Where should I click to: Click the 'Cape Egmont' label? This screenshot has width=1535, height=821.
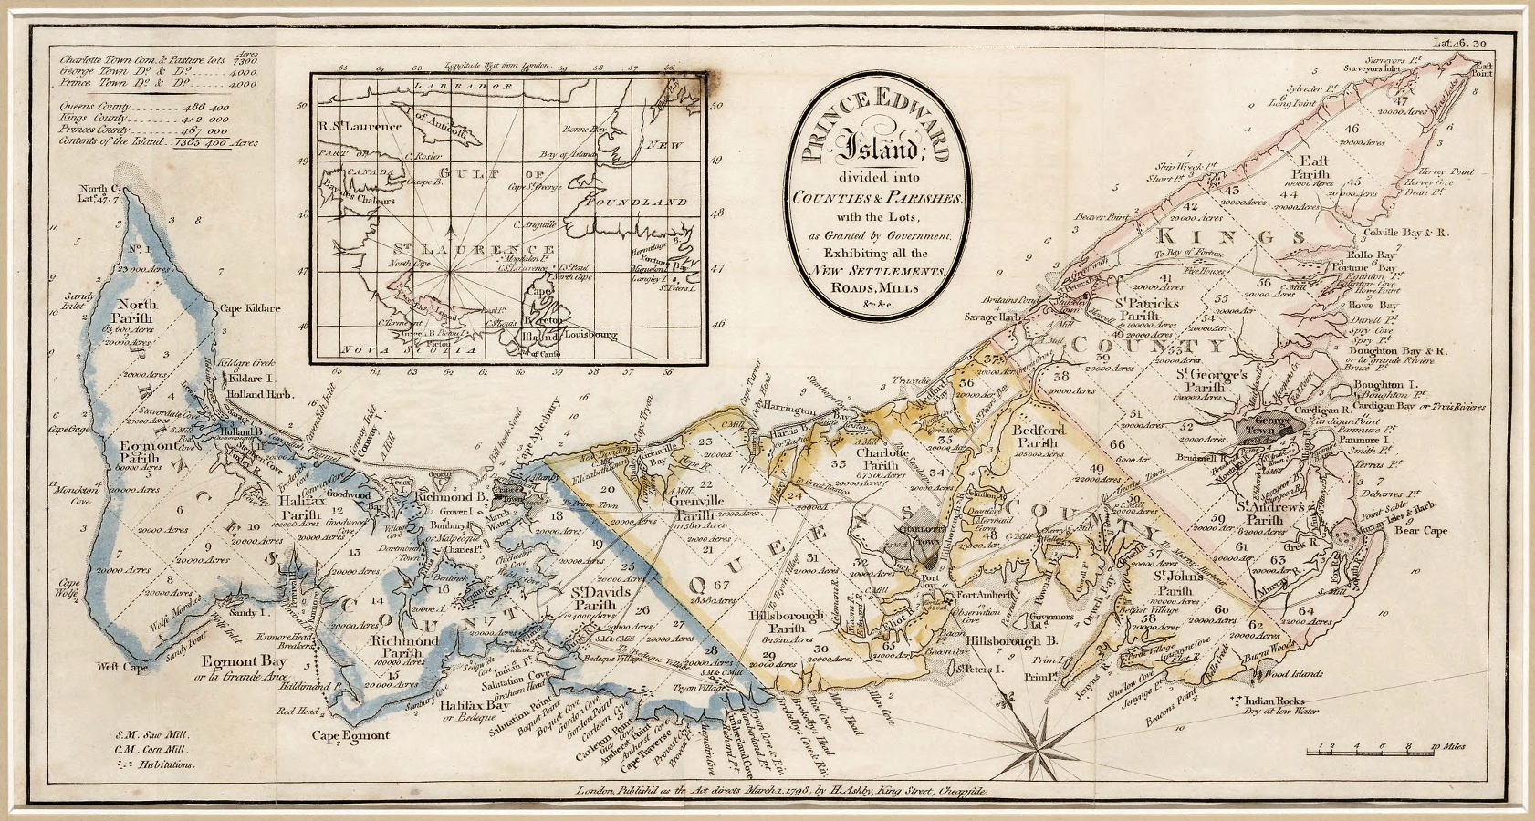click(350, 735)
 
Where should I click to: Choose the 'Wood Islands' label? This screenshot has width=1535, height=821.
click(1292, 674)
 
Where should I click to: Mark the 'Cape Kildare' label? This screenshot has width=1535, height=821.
click(250, 308)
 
